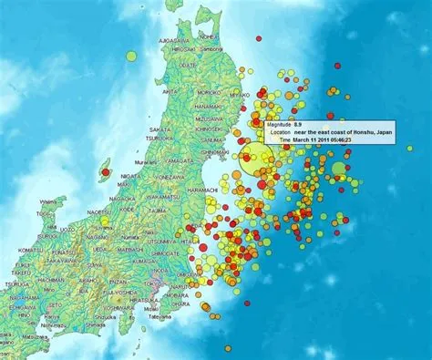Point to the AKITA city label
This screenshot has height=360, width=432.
click(x=170, y=92)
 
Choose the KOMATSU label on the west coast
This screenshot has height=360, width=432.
click(x=30, y=249)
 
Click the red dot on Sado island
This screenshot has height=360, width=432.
click(x=106, y=171)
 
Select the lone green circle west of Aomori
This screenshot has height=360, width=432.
click(x=131, y=56)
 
